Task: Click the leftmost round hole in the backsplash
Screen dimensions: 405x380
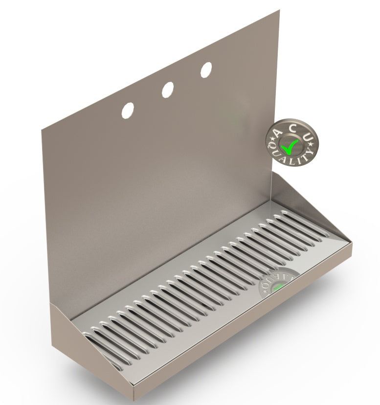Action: tap(128, 110)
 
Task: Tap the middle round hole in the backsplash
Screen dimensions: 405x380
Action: tap(167, 89)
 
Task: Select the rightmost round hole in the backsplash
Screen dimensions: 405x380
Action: tap(206, 69)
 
